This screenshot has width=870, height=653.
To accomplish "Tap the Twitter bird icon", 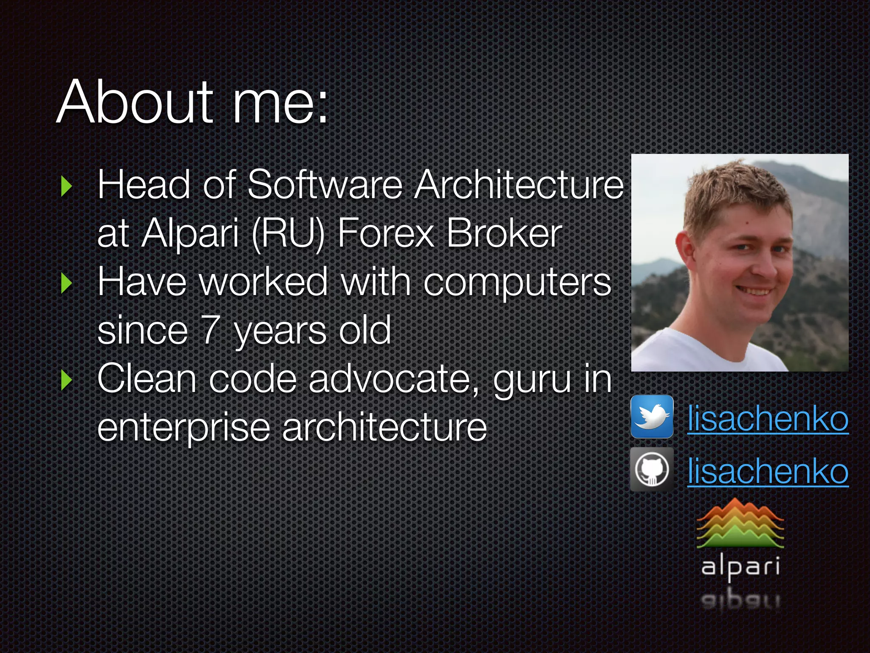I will click(652, 417).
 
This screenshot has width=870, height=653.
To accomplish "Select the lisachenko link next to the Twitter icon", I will click(768, 419).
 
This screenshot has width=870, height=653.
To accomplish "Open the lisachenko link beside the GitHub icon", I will click(768, 471).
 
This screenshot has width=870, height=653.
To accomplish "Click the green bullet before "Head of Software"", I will click(66, 186).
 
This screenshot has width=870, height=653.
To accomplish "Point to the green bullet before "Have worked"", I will click(66, 283).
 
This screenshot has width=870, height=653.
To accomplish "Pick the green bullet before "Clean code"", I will click(66, 380).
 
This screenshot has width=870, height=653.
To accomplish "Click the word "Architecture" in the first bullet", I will click(519, 185).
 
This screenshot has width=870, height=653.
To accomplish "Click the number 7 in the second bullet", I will click(210, 330).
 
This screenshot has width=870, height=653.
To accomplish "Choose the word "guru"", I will click(532, 380).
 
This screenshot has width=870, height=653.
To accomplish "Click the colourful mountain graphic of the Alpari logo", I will click(740, 524).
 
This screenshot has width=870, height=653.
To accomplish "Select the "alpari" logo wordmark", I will click(740, 567).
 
